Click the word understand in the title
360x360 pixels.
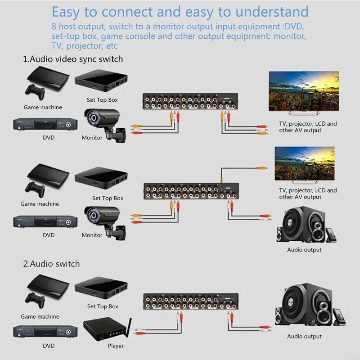272,12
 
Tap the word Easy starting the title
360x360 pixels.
65,13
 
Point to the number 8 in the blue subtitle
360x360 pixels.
54,27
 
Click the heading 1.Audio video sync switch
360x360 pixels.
73,59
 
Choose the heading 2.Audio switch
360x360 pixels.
51,264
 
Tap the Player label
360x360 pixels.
116,346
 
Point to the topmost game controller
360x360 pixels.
35,92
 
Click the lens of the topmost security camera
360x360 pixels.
94,118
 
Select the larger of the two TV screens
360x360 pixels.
304,91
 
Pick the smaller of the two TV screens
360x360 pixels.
305,163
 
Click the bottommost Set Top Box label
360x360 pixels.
103,306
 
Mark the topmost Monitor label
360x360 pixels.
92,138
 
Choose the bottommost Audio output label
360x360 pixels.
304,336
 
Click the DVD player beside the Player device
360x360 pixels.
45,332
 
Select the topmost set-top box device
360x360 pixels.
101,80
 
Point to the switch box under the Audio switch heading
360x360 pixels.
191,301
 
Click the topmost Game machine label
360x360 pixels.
43,107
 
